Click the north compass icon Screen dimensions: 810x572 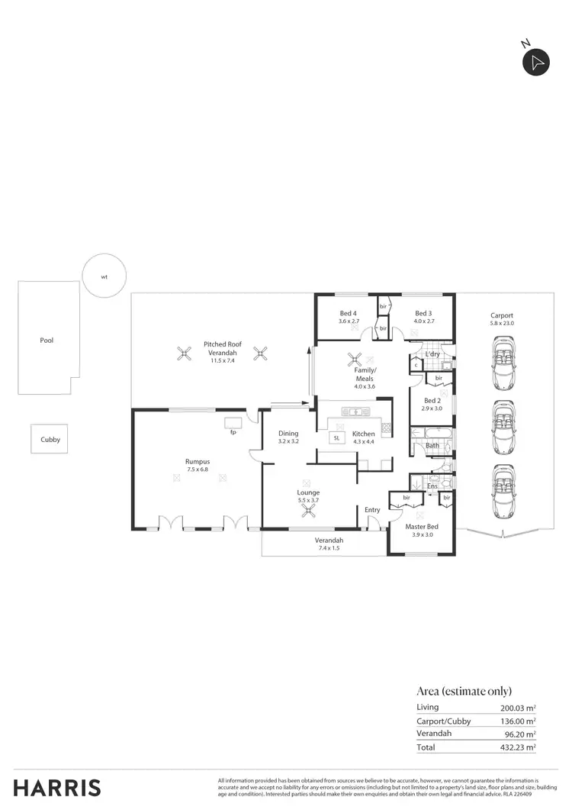pyautogui.click(x=536, y=63)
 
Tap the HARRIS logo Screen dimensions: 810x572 pyautogui.click(x=57, y=787)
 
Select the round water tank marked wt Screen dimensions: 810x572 pyautogui.click(x=104, y=277)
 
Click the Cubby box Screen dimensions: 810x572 pyautogui.click(x=50, y=440)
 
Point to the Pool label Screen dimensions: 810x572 pyautogui.click(x=47, y=340)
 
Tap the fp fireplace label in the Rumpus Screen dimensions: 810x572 pyautogui.click(x=233, y=432)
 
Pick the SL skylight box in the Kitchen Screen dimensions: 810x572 pyautogui.click(x=336, y=437)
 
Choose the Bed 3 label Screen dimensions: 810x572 pyautogui.click(x=423, y=313)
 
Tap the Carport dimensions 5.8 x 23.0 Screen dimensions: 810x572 pyautogui.click(x=502, y=324)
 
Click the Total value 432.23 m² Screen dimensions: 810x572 pyautogui.click(x=513, y=747)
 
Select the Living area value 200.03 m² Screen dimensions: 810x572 pyautogui.click(x=513, y=708)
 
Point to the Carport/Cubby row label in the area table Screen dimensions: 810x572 pyautogui.click(x=444, y=721)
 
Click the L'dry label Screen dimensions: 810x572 pyautogui.click(x=432, y=354)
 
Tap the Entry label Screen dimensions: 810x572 pyautogui.click(x=372, y=510)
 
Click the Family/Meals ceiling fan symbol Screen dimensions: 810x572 pyautogui.click(x=353, y=358)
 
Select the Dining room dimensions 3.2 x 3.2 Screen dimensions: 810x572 pyautogui.click(x=288, y=441)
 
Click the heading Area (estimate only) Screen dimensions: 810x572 pyautogui.click(x=464, y=690)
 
